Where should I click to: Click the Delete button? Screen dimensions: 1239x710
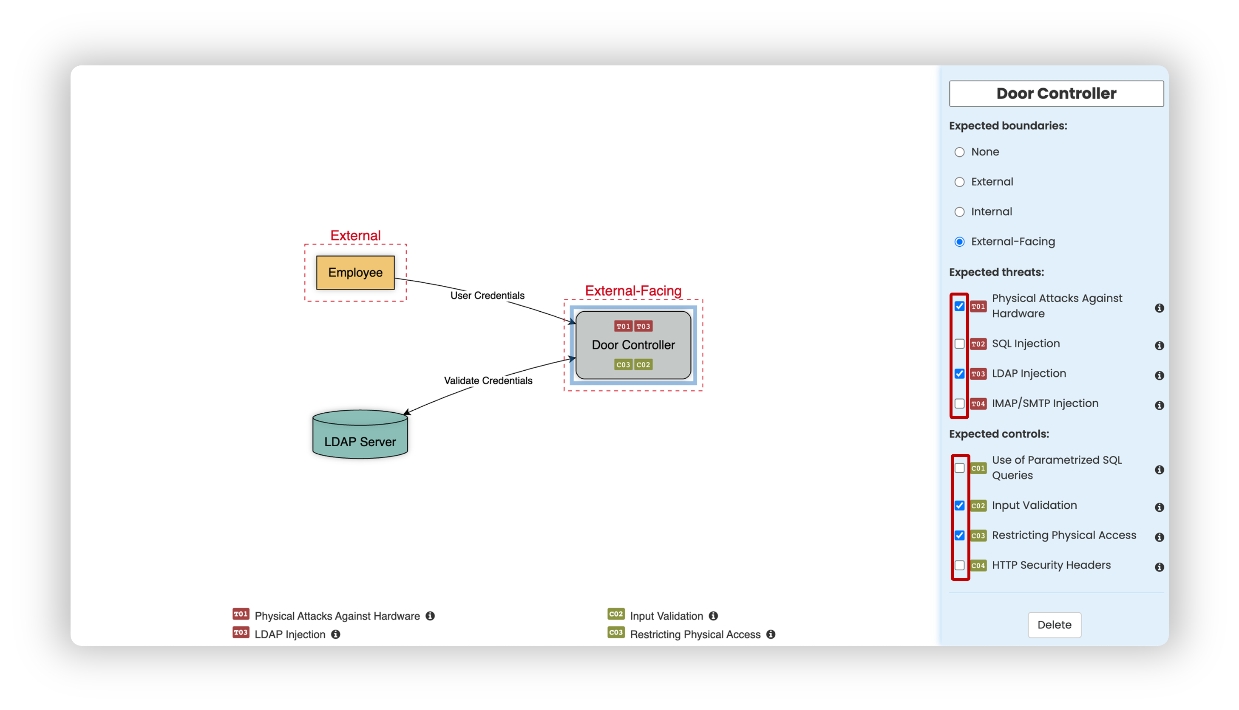coord(1054,625)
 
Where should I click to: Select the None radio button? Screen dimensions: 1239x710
coord(959,152)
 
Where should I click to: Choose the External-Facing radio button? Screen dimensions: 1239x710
coord(959,242)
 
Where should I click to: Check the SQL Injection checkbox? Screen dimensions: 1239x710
coord(959,344)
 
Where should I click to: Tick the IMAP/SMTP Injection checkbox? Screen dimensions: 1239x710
coord(959,404)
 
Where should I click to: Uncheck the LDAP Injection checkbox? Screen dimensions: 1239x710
coord(959,374)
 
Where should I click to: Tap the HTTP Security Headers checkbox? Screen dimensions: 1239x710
coord(959,566)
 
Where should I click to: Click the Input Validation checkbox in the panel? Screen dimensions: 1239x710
coord(959,506)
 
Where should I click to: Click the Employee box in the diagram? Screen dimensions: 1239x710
coord(355,273)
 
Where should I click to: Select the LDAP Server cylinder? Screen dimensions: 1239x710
coord(360,434)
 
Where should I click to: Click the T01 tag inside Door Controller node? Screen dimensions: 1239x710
coord(623,326)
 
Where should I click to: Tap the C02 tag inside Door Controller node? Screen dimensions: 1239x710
coord(643,365)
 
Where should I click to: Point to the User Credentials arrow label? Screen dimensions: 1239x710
coord(487,296)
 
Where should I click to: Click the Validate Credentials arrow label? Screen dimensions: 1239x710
coord(488,381)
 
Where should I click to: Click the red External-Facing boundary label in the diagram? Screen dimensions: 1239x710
coord(633,290)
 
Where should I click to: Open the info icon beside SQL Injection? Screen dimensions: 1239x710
coord(1160,346)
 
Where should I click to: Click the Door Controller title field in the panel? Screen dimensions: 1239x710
coord(1056,93)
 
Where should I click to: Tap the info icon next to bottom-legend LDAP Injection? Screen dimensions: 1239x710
coord(336,634)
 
